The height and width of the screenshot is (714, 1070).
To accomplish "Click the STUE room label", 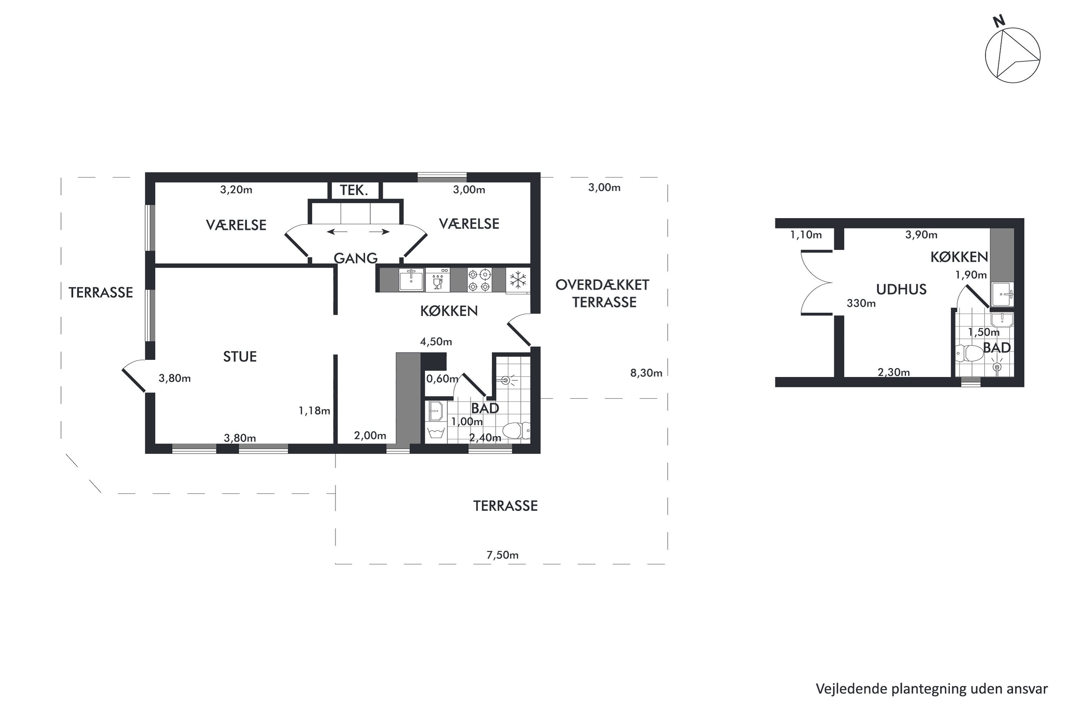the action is click(x=240, y=357).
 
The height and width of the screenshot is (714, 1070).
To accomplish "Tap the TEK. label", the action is click(x=354, y=190).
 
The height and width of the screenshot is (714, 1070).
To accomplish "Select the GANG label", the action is click(x=356, y=258).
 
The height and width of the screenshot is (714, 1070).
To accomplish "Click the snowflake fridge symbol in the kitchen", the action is click(x=518, y=280).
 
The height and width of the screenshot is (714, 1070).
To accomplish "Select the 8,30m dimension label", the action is click(x=646, y=373).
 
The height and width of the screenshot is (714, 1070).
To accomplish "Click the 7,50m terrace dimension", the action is click(x=502, y=555).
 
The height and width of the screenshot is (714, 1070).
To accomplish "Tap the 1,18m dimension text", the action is click(x=314, y=411).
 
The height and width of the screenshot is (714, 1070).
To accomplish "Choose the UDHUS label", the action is click(x=901, y=290).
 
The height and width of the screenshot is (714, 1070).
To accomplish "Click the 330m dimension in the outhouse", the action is click(x=861, y=303).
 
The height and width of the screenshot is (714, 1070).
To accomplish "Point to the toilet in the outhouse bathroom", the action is click(x=969, y=353).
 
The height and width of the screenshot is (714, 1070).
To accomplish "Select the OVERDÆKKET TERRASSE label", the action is click(x=603, y=294).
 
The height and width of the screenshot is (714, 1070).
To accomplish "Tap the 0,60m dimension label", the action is click(x=442, y=378).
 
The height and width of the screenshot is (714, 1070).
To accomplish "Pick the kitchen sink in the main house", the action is click(x=411, y=280).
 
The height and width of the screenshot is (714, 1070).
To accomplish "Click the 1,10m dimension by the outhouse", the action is click(x=806, y=235).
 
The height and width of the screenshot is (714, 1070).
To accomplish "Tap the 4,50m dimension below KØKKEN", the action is click(x=436, y=342).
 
